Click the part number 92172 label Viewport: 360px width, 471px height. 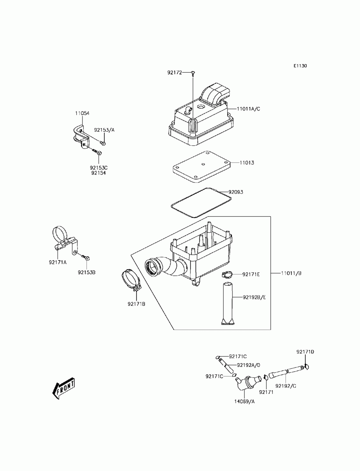tap(175, 72)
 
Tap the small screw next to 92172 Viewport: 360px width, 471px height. tap(193, 73)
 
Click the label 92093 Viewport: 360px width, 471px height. tap(236, 192)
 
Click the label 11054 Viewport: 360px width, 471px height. tap(82, 113)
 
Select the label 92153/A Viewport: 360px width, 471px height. tap(104, 130)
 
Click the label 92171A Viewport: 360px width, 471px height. tap(58, 262)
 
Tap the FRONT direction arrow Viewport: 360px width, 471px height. tap(64, 388)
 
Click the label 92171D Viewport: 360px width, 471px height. tap(305, 352)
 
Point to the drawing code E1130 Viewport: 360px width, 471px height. tap(300, 66)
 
